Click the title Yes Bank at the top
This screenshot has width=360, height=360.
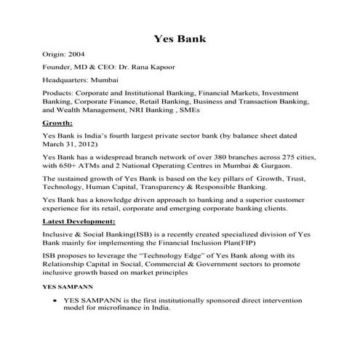tap(180, 38)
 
